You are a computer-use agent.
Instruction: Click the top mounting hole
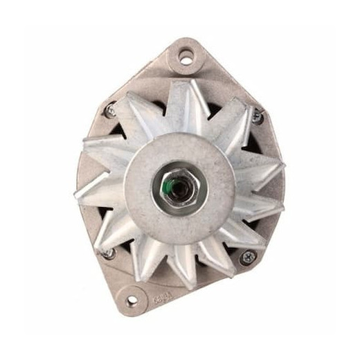tap(186, 57)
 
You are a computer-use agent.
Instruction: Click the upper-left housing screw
tap(110, 109)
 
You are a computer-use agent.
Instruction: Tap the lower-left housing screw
tap(107, 253)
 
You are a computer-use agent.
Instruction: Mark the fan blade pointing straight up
tap(181, 104)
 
